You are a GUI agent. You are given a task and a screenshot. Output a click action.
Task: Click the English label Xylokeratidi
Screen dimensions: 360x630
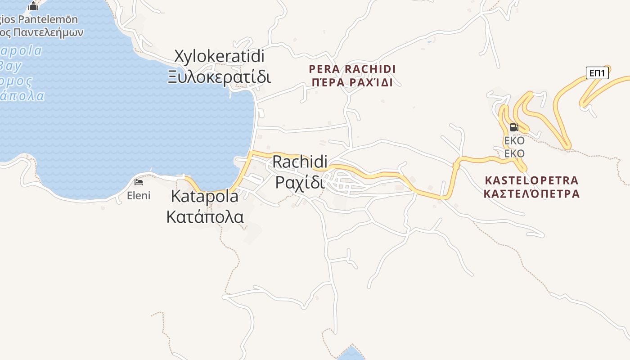(x=219, y=57)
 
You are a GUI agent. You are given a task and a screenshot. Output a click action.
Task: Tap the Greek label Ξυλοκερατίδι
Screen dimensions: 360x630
(x=219, y=77)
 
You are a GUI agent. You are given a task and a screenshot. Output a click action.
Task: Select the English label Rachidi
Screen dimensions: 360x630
(x=300, y=162)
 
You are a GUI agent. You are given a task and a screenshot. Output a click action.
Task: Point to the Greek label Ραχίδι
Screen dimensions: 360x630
(x=299, y=183)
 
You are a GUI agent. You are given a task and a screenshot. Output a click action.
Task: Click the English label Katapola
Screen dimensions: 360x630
(x=204, y=196)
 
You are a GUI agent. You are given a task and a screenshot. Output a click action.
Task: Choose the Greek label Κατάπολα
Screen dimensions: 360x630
(x=205, y=216)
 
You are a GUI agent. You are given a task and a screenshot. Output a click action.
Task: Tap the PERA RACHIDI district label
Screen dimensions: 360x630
(x=352, y=69)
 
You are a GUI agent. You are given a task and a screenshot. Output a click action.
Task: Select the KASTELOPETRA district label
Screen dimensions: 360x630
(x=531, y=180)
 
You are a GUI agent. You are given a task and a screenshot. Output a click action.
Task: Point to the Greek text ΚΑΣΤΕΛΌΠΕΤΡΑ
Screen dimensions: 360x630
(x=531, y=194)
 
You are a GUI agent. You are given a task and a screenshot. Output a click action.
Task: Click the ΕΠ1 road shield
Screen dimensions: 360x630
(x=597, y=73)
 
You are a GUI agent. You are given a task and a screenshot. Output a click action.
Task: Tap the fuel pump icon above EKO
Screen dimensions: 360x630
(x=514, y=127)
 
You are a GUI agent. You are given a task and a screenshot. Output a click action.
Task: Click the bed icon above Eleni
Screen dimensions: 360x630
(x=139, y=182)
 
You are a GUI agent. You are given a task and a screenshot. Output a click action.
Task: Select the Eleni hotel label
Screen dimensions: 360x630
(x=139, y=196)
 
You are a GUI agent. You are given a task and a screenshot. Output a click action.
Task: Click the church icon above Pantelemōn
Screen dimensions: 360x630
(x=33, y=6)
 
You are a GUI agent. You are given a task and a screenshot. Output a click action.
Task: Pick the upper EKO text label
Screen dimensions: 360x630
(x=514, y=141)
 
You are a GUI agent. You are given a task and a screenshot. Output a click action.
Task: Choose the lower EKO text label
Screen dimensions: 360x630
(x=514, y=154)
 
